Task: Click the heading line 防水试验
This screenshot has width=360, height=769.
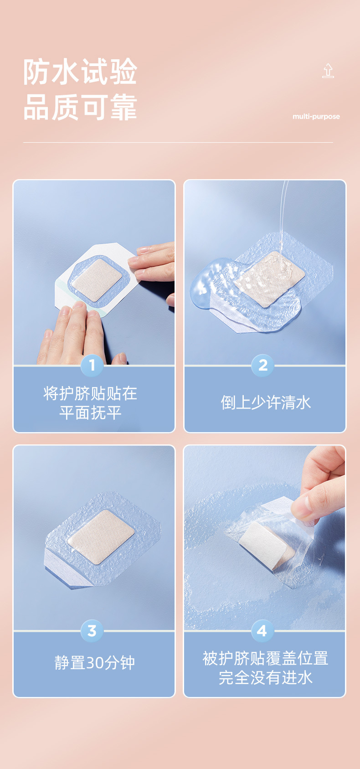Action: pos(80,72)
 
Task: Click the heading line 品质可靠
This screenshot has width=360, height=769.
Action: pos(80,107)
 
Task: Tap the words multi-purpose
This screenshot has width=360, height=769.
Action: pos(316,117)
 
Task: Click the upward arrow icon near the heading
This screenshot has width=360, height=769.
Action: pos(328,71)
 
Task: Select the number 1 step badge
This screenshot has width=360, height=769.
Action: pos(92,365)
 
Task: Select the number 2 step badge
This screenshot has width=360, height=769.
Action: pos(263,365)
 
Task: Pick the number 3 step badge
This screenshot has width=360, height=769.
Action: pos(92,630)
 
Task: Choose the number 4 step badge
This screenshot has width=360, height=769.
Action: pos(262,630)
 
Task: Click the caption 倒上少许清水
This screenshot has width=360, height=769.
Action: pos(266,403)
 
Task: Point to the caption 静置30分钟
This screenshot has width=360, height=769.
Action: pos(94,663)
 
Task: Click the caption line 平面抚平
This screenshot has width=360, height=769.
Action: pos(90,413)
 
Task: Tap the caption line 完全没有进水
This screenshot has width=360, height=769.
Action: pos(266,678)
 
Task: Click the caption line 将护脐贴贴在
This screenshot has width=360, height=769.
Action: pos(90,393)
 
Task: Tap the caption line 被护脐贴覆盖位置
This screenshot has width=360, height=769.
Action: pos(265,658)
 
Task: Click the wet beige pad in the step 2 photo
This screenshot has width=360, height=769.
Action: pos(269,279)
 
